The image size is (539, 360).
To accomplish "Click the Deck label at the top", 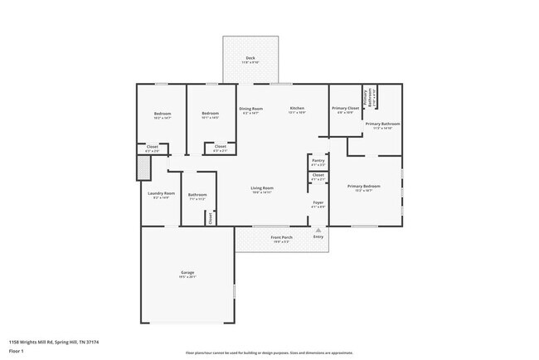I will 250,57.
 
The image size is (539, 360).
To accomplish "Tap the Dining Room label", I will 250,109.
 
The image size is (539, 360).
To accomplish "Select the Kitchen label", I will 298,109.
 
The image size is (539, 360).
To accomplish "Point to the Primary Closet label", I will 346,109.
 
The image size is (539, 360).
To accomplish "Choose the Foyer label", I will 318,202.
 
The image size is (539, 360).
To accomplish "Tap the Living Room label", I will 262,187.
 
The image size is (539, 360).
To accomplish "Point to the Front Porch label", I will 281,237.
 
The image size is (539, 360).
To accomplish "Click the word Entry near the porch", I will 318,237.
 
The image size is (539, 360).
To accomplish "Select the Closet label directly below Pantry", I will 318,175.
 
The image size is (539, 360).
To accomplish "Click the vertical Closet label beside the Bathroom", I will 211,217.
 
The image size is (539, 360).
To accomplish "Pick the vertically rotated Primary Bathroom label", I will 362,96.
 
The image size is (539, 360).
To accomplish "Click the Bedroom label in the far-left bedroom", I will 162,114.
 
